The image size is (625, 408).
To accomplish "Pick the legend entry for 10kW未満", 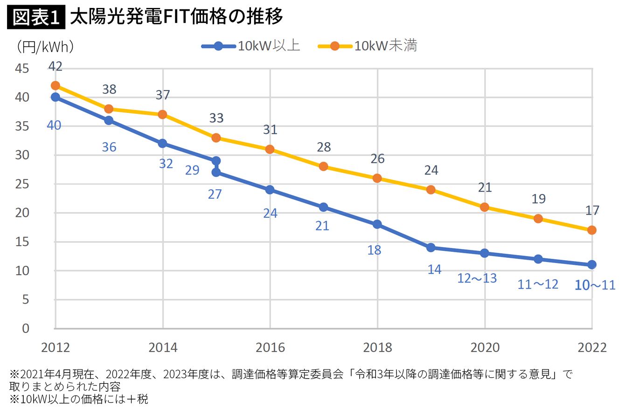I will [x=368, y=46].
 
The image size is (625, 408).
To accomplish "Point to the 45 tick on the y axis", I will [x=21, y=69].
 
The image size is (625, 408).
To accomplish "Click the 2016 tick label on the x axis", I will [x=270, y=347].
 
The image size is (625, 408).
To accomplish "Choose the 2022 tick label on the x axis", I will [x=591, y=347].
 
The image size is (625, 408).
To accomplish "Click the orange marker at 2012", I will [x=56, y=85].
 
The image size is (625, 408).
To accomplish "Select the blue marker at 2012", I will [x=56, y=97].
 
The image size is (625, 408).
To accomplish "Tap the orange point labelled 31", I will [x=270, y=149].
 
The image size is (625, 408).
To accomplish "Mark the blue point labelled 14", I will [x=431, y=248].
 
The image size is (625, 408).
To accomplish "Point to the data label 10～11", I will [x=595, y=285].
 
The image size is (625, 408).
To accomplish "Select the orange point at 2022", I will [x=592, y=230].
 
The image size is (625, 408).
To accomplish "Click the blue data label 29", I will [x=192, y=170].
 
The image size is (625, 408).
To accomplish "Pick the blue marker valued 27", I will [x=216, y=173].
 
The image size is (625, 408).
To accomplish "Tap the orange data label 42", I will [x=55, y=67].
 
